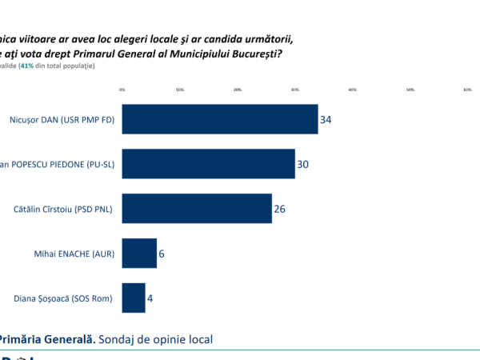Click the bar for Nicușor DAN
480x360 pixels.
(220, 119)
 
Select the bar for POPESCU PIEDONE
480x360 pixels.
(208, 164)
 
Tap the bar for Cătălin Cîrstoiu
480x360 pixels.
(197, 209)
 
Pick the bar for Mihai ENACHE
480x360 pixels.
(139, 254)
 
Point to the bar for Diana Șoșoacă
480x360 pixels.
(134, 298)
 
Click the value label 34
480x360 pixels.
(326, 119)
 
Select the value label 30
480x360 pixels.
(302, 164)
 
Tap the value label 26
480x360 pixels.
(279, 209)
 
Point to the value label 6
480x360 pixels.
(162, 254)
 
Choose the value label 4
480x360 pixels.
(150, 298)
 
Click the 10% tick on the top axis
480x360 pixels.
(179, 90)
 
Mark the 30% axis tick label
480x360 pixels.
(294, 90)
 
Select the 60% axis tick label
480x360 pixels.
(467, 90)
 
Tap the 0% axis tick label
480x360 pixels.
(122, 90)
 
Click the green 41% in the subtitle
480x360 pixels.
(35, 66)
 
